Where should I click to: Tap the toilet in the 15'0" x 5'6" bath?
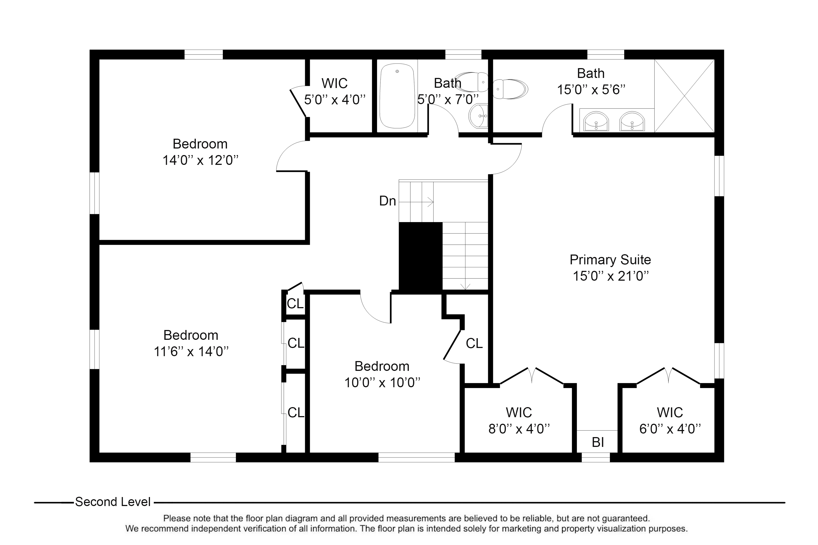[510, 89]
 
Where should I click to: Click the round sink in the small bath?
[478, 116]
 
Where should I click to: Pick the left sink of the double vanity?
[596, 122]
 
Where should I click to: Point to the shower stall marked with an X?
[684, 96]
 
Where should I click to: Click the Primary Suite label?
[611, 260]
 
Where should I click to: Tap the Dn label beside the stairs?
[387, 201]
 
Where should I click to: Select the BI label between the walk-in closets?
[598, 442]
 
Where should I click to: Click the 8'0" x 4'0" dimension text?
[519, 429]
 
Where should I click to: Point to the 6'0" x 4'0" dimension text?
[670, 429]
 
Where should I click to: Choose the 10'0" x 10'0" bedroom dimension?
[382, 383]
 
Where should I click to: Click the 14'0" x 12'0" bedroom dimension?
[200, 160]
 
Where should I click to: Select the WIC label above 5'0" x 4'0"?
[335, 83]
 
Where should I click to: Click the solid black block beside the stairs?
[420, 256]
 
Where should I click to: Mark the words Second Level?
[113, 502]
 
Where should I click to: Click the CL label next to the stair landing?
[474, 343]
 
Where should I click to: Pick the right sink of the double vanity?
[632, 122]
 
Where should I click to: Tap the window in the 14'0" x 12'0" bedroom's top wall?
[203, 55]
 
